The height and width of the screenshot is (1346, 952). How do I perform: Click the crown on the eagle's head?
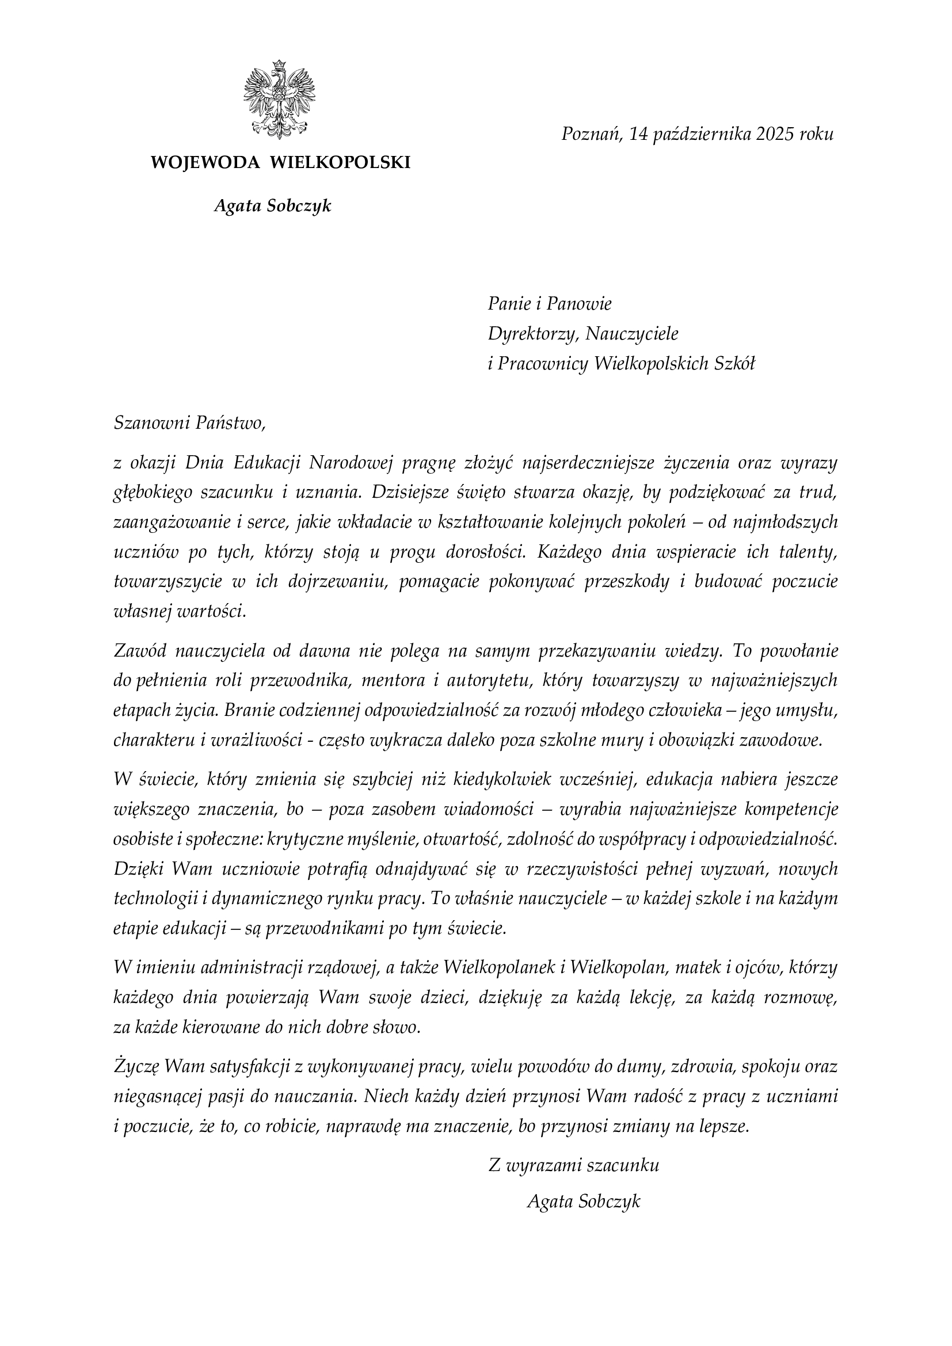pyautogui.click(x=279, y=63)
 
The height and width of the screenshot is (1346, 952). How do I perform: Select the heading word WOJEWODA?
pyautogui.click(x=205, y=162)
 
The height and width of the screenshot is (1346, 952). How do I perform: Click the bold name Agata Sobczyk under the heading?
pyautogui.click(x=273, y=206)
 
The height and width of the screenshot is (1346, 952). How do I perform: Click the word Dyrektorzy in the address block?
pyautogui.click(x=534, y=334)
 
